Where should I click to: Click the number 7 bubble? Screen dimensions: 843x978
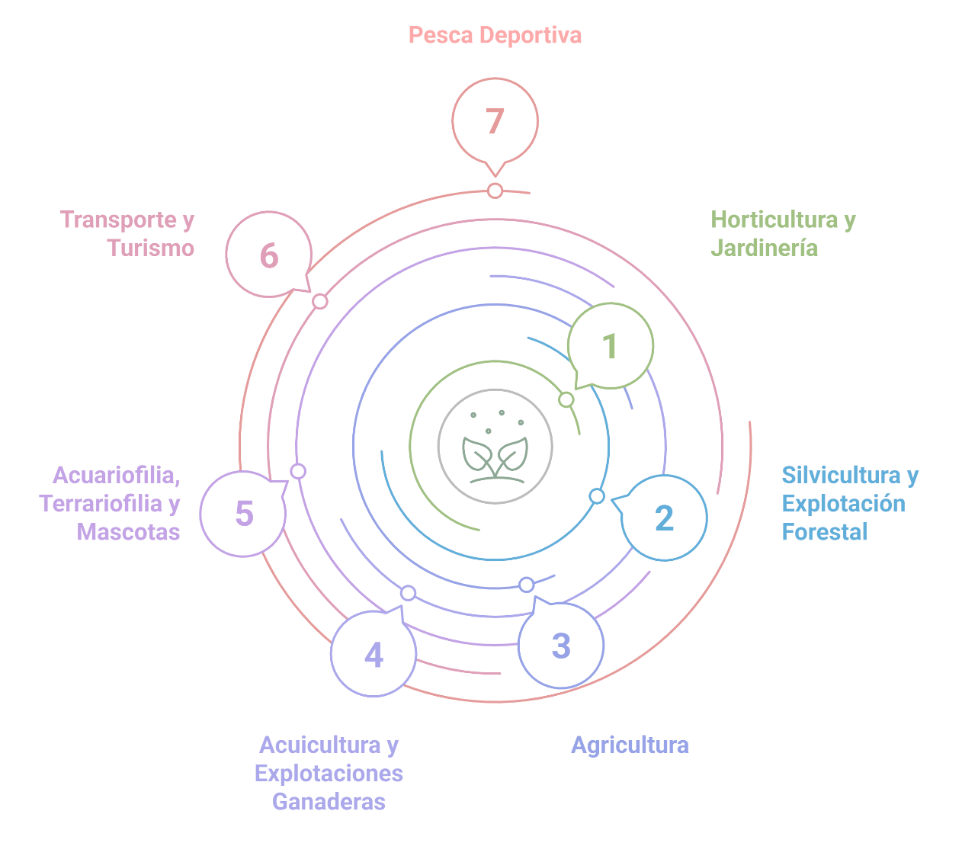(495, 120)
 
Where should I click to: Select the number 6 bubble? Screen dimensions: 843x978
(268, 255)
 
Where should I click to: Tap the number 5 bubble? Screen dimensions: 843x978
(243, 513)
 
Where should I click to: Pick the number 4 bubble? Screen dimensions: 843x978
(374, 654)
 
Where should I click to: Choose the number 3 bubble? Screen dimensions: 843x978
(561, 646)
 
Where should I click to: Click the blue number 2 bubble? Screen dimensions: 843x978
(665, 518)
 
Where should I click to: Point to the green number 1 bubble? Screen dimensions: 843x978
(610, 346)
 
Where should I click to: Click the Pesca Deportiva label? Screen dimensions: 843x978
(495, 35)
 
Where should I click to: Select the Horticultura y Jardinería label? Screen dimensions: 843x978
(783, 233)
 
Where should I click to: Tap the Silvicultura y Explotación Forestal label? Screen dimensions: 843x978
(850, 503)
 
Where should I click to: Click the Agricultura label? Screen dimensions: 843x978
(630, 745)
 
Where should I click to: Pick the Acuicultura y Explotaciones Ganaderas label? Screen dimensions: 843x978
(329, 773)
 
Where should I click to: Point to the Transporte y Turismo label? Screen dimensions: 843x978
(127, 233)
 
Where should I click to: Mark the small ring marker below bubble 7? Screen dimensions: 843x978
(495, 190)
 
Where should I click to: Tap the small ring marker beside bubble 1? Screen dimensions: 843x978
(566, 399)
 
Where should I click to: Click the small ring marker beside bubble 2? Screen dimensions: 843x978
(597, 496)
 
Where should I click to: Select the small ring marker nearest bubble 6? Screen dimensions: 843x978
(320, 301)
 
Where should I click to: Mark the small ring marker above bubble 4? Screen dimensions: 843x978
(408, 593)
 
